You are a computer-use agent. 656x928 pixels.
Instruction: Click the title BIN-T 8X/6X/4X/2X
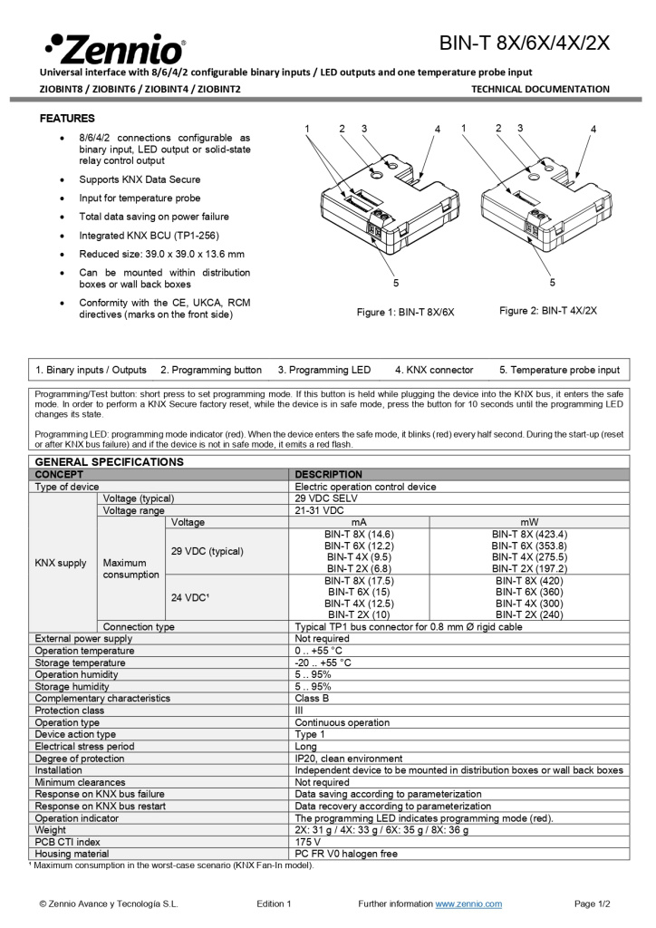525,43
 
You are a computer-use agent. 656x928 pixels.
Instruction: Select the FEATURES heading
67,119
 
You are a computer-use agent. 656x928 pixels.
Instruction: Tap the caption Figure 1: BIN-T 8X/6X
405,312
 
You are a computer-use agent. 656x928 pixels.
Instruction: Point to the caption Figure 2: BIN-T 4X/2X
547,311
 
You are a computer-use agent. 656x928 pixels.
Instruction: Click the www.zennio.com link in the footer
468,904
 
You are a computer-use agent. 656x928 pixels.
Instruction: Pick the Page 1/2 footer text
593,904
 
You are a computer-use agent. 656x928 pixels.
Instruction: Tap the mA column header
359,522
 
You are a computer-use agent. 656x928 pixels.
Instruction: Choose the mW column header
529,522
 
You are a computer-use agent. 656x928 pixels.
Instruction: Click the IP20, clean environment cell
349,759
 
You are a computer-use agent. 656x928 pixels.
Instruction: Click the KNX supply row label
61,563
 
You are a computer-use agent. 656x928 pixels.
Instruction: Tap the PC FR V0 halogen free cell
345,854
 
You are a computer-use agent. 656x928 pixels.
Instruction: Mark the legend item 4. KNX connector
434,370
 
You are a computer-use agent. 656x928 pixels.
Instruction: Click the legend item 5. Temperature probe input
559,370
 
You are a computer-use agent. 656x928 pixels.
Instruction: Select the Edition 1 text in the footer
274,904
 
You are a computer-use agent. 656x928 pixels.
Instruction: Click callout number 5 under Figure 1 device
396,284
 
